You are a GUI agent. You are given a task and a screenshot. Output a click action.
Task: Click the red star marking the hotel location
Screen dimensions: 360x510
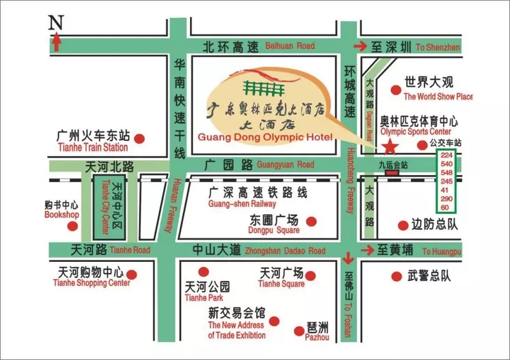tap(390, 148)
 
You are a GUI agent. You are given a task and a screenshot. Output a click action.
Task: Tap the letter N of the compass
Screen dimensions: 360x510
tap(57, 22)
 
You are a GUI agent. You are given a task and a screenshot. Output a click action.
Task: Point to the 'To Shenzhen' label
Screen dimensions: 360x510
tap(437, 47)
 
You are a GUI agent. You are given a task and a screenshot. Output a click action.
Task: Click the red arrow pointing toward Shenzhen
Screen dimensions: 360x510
tap(360, 46)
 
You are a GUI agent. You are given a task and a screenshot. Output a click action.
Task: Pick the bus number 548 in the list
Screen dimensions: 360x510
tap(446, 172)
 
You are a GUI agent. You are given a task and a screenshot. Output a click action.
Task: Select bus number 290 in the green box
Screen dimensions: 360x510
tap(446, 198)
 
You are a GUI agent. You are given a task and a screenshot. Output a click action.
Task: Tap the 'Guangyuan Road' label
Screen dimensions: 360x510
tap(286, 164)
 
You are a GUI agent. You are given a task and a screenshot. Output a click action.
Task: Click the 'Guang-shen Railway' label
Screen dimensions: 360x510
tap(242, 204)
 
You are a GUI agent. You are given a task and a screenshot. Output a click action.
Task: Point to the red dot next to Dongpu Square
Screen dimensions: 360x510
tap(311, 221)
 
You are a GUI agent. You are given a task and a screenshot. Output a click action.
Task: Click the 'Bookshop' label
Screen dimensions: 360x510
tap(61, 215)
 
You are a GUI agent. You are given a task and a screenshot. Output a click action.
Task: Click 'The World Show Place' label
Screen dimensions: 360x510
tap(439, 97)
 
